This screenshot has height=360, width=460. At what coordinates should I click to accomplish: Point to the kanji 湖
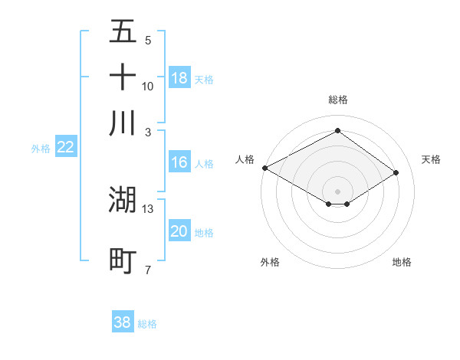click(x=123, y=199)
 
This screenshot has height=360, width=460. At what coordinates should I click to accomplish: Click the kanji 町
click(x=123, y=260)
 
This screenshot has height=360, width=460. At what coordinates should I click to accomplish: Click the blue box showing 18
click(x=179, y=78)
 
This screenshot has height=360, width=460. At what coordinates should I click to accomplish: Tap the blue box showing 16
click(x=179, y=162)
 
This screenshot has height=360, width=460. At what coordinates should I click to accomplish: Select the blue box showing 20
click(x=179, y=232)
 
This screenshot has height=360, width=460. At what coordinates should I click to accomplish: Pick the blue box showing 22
click(x=65, y=148)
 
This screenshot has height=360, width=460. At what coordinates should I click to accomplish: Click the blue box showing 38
click(x=123, y=322)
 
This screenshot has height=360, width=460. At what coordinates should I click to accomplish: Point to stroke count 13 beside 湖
click(x=148, y=208)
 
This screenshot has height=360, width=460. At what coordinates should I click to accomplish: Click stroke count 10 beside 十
click(x=148, y=86)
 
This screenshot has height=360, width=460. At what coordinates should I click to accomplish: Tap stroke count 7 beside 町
click(x=148, y=270)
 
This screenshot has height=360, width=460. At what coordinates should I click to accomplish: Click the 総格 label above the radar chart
click(x=337, y=100)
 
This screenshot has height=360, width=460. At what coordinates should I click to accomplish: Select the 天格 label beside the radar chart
click(x=431, y=159)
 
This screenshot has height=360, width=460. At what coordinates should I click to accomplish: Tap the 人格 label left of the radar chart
click(x=245, y=159)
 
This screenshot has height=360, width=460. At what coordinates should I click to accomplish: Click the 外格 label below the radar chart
click(x=270, y=262)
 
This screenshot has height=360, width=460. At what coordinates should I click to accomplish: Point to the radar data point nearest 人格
click(x=264, y=168)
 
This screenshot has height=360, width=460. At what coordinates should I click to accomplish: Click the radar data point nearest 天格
click(x=396, y=172)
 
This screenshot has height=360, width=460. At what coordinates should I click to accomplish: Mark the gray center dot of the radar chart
click(x=337, y=190)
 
